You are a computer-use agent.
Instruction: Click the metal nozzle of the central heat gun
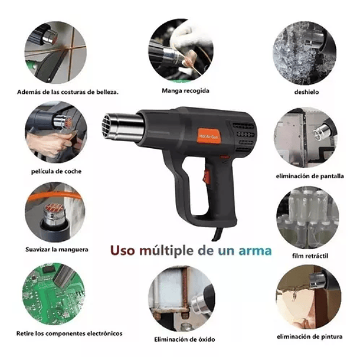123,127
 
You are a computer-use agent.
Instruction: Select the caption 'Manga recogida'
185,90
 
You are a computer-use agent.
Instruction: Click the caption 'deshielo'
307,91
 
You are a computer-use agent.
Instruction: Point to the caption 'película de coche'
57,171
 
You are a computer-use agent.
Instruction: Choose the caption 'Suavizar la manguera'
57,249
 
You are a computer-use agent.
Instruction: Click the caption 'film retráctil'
310,256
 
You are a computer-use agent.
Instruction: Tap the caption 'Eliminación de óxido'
185,339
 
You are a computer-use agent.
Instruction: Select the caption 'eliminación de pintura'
309,336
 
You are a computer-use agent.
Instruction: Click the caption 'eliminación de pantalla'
309,176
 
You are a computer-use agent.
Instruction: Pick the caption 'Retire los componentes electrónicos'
70,333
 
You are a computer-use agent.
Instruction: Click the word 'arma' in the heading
255,250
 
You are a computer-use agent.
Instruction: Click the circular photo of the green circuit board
53,293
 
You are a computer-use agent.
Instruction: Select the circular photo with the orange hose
55,212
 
